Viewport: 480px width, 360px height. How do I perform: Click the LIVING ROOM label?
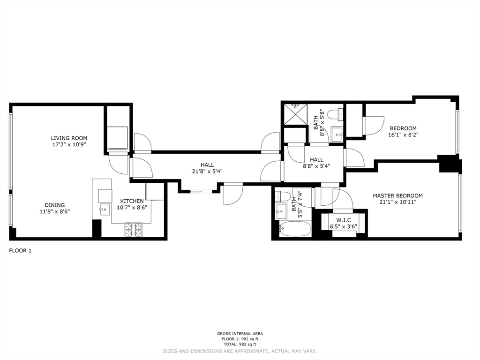(69, 138)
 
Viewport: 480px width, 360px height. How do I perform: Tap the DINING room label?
(55, 205)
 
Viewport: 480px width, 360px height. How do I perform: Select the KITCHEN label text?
(132, 201)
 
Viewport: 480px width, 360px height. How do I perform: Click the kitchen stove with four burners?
(134, 230)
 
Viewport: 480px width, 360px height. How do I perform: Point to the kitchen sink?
(105, 210)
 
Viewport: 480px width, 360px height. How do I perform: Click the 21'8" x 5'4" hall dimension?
(207, 172)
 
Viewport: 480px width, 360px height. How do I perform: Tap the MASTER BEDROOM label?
(397, 195)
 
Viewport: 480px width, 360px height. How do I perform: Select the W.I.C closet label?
(344, 220)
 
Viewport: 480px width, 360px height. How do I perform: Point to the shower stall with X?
(295, 114)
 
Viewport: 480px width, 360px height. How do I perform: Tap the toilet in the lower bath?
(282, 196)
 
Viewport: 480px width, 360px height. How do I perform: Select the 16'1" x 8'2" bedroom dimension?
(403, 135)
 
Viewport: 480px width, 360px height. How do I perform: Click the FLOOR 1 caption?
(20, 251)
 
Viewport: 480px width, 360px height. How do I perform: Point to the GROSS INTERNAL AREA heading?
(240, 334)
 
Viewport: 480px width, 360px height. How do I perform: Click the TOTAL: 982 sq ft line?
(240, 344)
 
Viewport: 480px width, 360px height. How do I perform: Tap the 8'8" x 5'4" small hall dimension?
(316, 166)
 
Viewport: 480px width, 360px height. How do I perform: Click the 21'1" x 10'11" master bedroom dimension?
(397, 202)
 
